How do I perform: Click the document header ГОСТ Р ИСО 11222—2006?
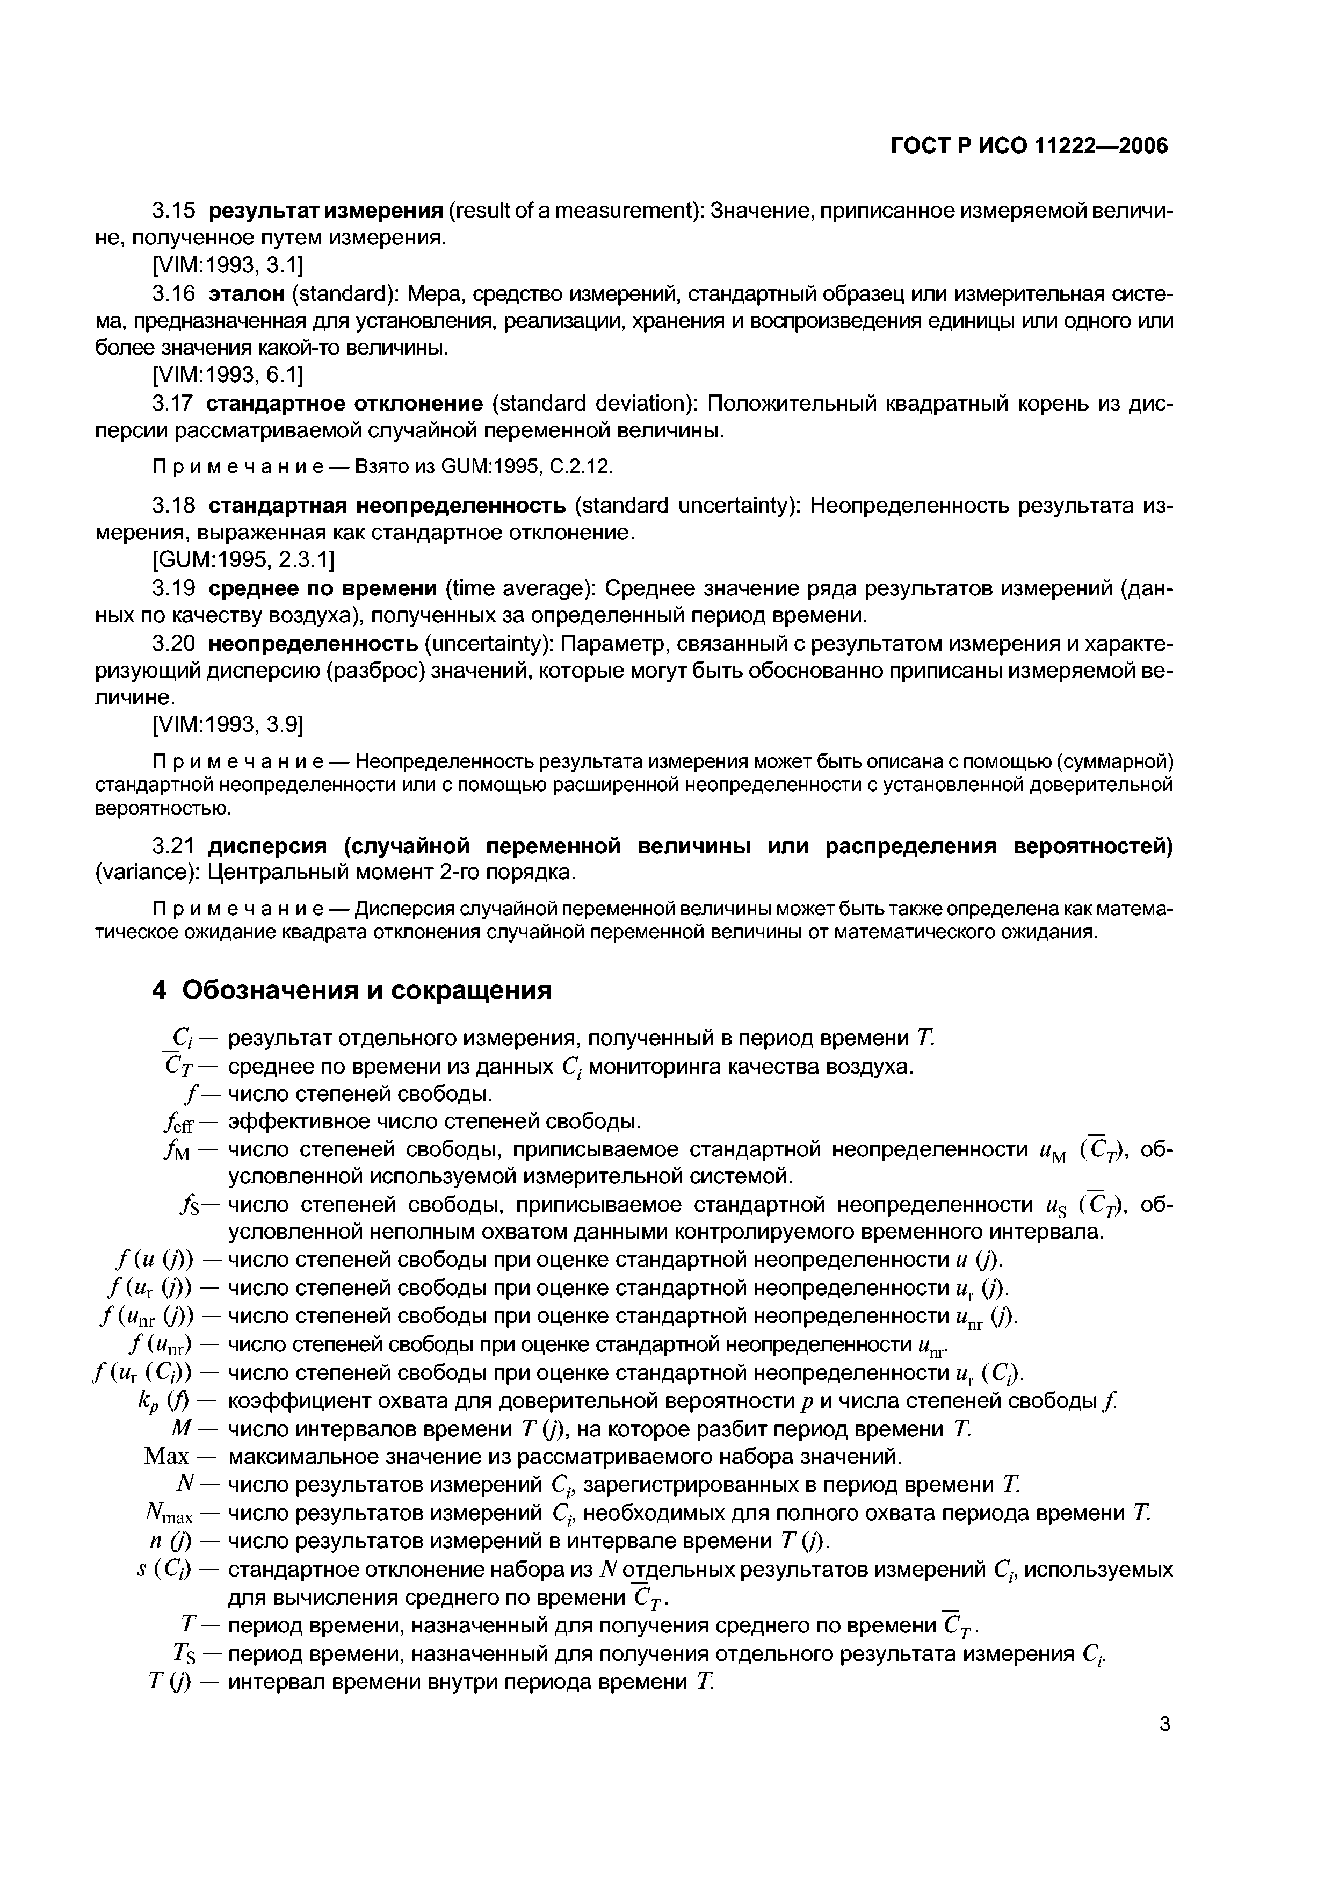pos(1029,146)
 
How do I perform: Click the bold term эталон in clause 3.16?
pos(246,293)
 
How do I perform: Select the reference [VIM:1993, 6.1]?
pos(227,375)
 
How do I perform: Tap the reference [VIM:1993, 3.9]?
pos(227,725)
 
